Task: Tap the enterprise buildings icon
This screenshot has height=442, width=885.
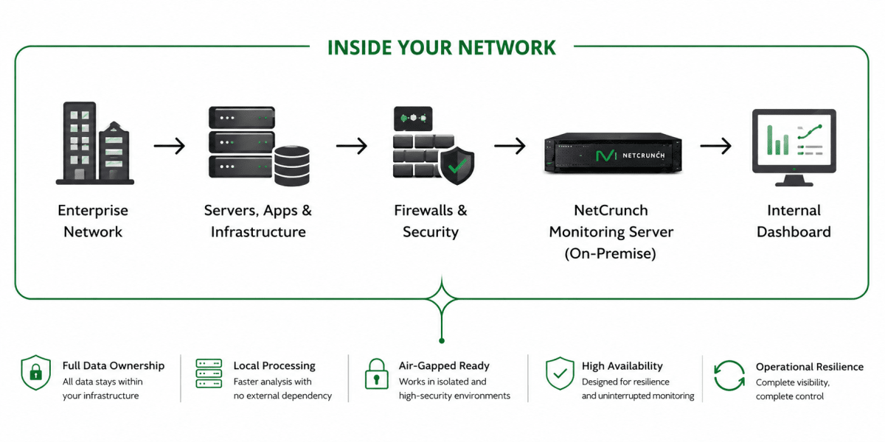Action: coord(95,143)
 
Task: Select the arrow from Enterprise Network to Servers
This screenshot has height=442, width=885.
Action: coord(169,146)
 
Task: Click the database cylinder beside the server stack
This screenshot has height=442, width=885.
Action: coord(292,166)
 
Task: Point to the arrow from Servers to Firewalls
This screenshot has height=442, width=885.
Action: coord(352,146)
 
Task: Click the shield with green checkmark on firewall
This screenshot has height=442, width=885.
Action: coord(457,165)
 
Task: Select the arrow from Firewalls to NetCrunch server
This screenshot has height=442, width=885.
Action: coord(510,146)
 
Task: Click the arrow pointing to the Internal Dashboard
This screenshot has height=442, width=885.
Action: coord(715,146)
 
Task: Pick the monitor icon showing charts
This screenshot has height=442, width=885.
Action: coord(794,147)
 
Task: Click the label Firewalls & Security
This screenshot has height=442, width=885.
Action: coord(431,221)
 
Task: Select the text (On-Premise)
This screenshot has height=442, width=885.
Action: coord(611,253)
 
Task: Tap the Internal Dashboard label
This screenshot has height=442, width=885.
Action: coord(794,221)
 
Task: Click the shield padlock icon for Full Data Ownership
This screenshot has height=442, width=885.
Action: coord(36,372)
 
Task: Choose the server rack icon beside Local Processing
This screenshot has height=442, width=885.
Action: coord(209,373)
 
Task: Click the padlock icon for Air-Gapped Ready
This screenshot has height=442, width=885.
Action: coord(377,373)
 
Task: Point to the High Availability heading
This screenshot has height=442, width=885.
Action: coord(622,366)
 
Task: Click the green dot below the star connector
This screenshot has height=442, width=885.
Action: coord(442,341)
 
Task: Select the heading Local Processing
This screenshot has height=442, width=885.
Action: coord(274,366)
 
